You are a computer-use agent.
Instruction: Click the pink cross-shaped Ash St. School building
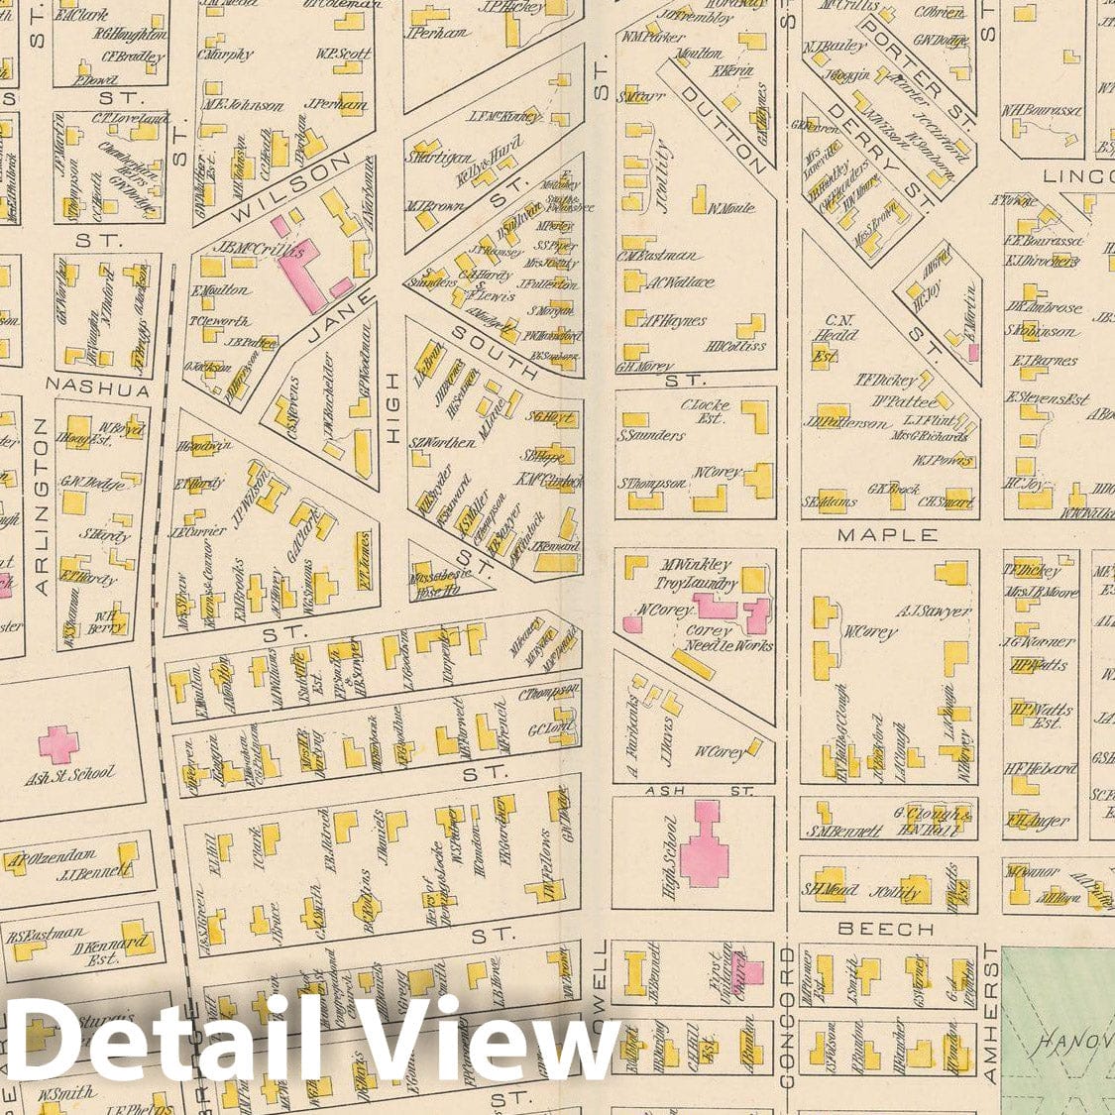(57, 741)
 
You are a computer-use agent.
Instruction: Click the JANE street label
(330, 318)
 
